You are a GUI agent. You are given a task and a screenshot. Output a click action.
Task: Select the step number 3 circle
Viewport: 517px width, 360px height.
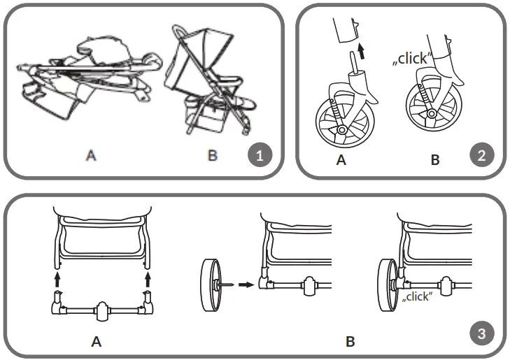[x=480, y=333]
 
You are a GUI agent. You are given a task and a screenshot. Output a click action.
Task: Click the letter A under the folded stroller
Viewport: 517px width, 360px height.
[x=90, y=156]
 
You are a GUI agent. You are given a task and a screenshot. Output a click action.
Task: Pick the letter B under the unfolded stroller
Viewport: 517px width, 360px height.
[x=213, y=156]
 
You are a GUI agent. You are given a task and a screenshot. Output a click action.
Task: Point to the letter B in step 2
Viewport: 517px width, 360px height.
[x=435, y=160]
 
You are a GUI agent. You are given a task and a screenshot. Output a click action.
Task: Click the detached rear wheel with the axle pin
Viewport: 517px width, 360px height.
[x=208, y=285]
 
